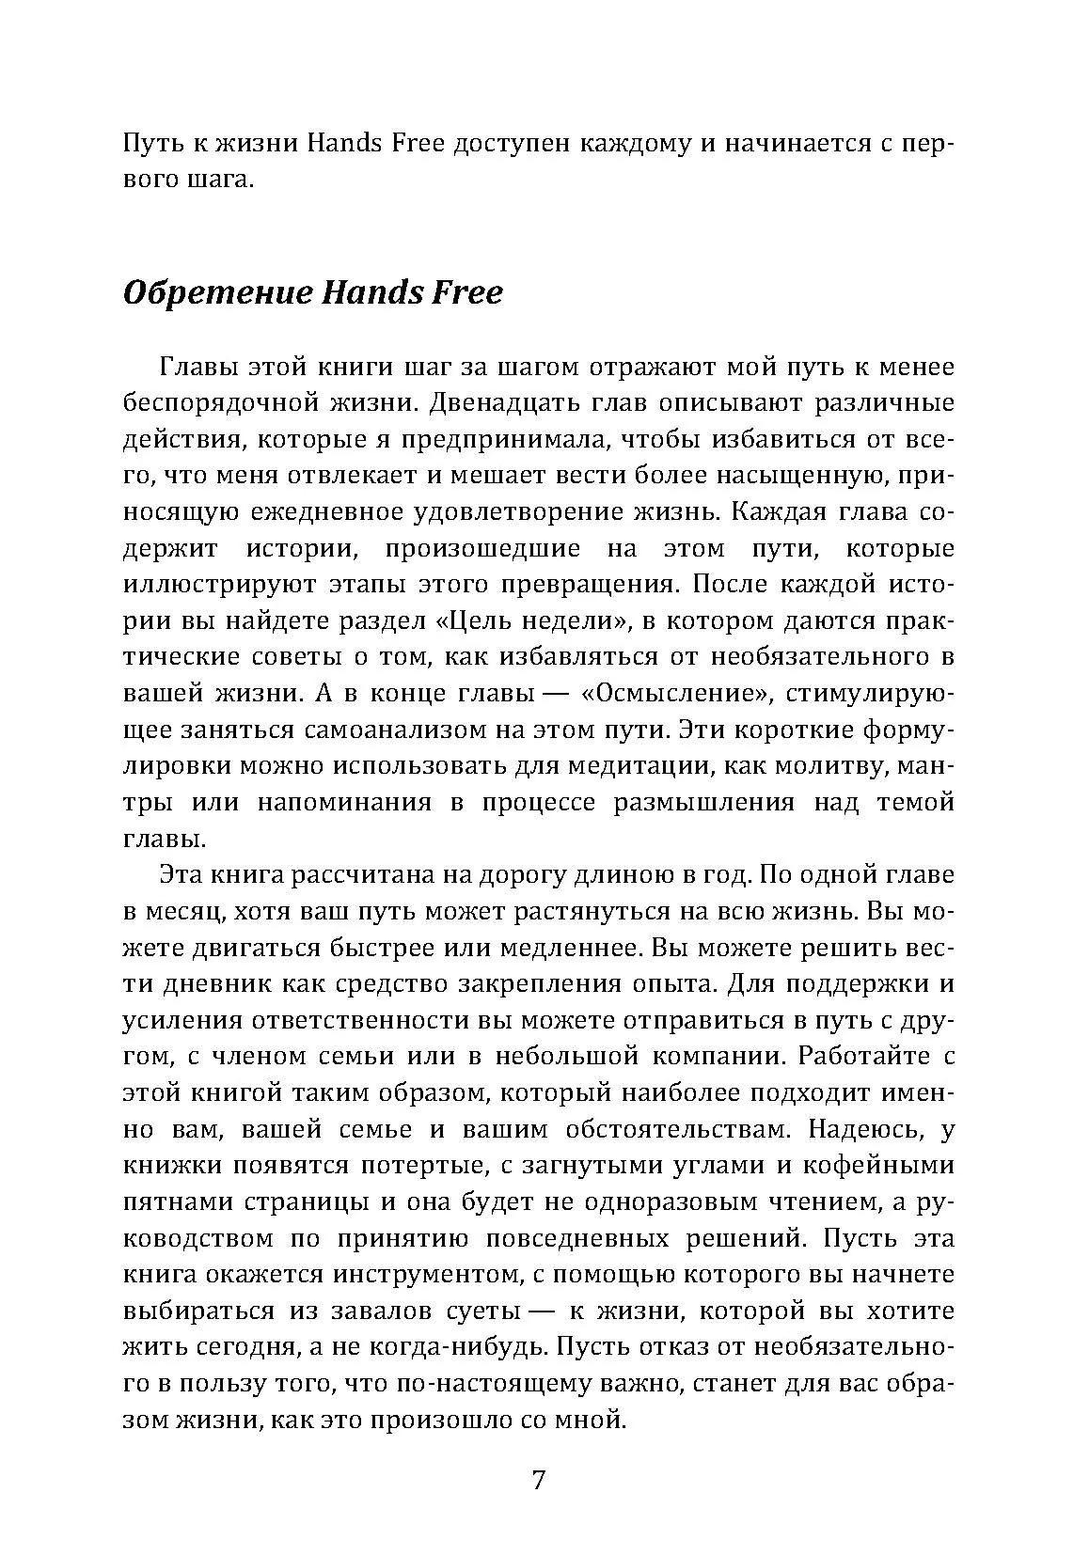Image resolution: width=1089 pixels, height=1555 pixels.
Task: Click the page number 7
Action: (538, 1480)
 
